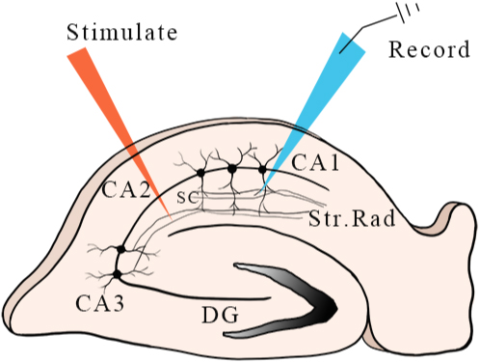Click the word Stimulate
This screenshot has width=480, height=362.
click(121, 32)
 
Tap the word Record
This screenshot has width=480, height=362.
click(429, 49)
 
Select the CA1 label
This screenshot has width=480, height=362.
click(315, 162)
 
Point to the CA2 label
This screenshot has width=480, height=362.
click(126, 190)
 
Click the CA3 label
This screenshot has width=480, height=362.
click(99, 303)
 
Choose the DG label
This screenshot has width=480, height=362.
click(221, 315)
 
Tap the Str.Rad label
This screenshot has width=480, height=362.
click(352, 219)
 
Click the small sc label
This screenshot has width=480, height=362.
click(187, 197)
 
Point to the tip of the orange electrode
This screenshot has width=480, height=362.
click(172, 220)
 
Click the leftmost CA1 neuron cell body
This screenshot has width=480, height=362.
click(200, 173)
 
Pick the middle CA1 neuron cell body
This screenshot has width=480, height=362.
click(232, 168)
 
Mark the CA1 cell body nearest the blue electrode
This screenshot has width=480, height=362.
click(262, 169)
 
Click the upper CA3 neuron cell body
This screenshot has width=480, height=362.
click(120, 249)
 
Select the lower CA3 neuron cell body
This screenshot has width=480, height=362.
click(117, 274)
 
